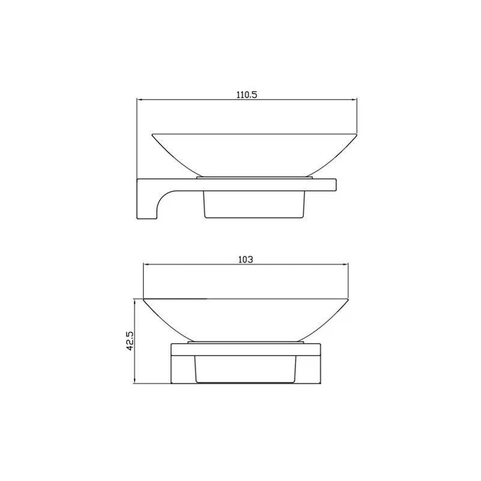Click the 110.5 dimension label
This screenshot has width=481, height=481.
247,95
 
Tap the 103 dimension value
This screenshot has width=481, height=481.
246,260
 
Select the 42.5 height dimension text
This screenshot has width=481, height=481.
130,340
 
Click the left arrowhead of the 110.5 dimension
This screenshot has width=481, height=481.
139,100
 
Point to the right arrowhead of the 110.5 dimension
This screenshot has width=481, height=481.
354,100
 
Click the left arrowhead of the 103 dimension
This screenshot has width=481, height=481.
146,264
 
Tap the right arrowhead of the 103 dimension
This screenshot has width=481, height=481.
345,264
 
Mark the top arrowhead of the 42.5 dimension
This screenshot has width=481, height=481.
135,301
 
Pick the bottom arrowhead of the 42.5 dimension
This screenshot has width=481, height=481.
135,380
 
